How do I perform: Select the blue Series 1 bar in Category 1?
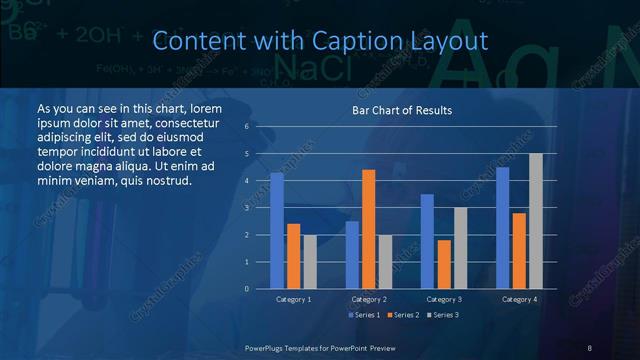pyautogui.click(x=277, y=231)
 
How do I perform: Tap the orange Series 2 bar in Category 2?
pyautogui.click(x=368, y=229)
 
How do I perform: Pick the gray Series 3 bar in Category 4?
pyautogui.click(x=536, y=221)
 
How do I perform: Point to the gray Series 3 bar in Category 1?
pyautogui.click(x=310, y=262)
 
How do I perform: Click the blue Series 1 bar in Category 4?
pyautogui.click(x=503, y=228)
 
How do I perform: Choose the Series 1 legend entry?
pyautogui.click(x=364, y=315)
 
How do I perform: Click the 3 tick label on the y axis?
pyautogui.click(x=246, y=208)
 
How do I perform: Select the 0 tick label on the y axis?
pyautogui.click(x=246, y=289)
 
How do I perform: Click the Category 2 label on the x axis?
pyautogui.click(x=369, y=299)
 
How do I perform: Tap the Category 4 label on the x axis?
pyautogui.click(x=519, y=299)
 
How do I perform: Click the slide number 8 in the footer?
pyautogui.click(x=590, y=347)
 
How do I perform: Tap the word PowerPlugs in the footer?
pyautogui.click(x=269, y=347)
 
